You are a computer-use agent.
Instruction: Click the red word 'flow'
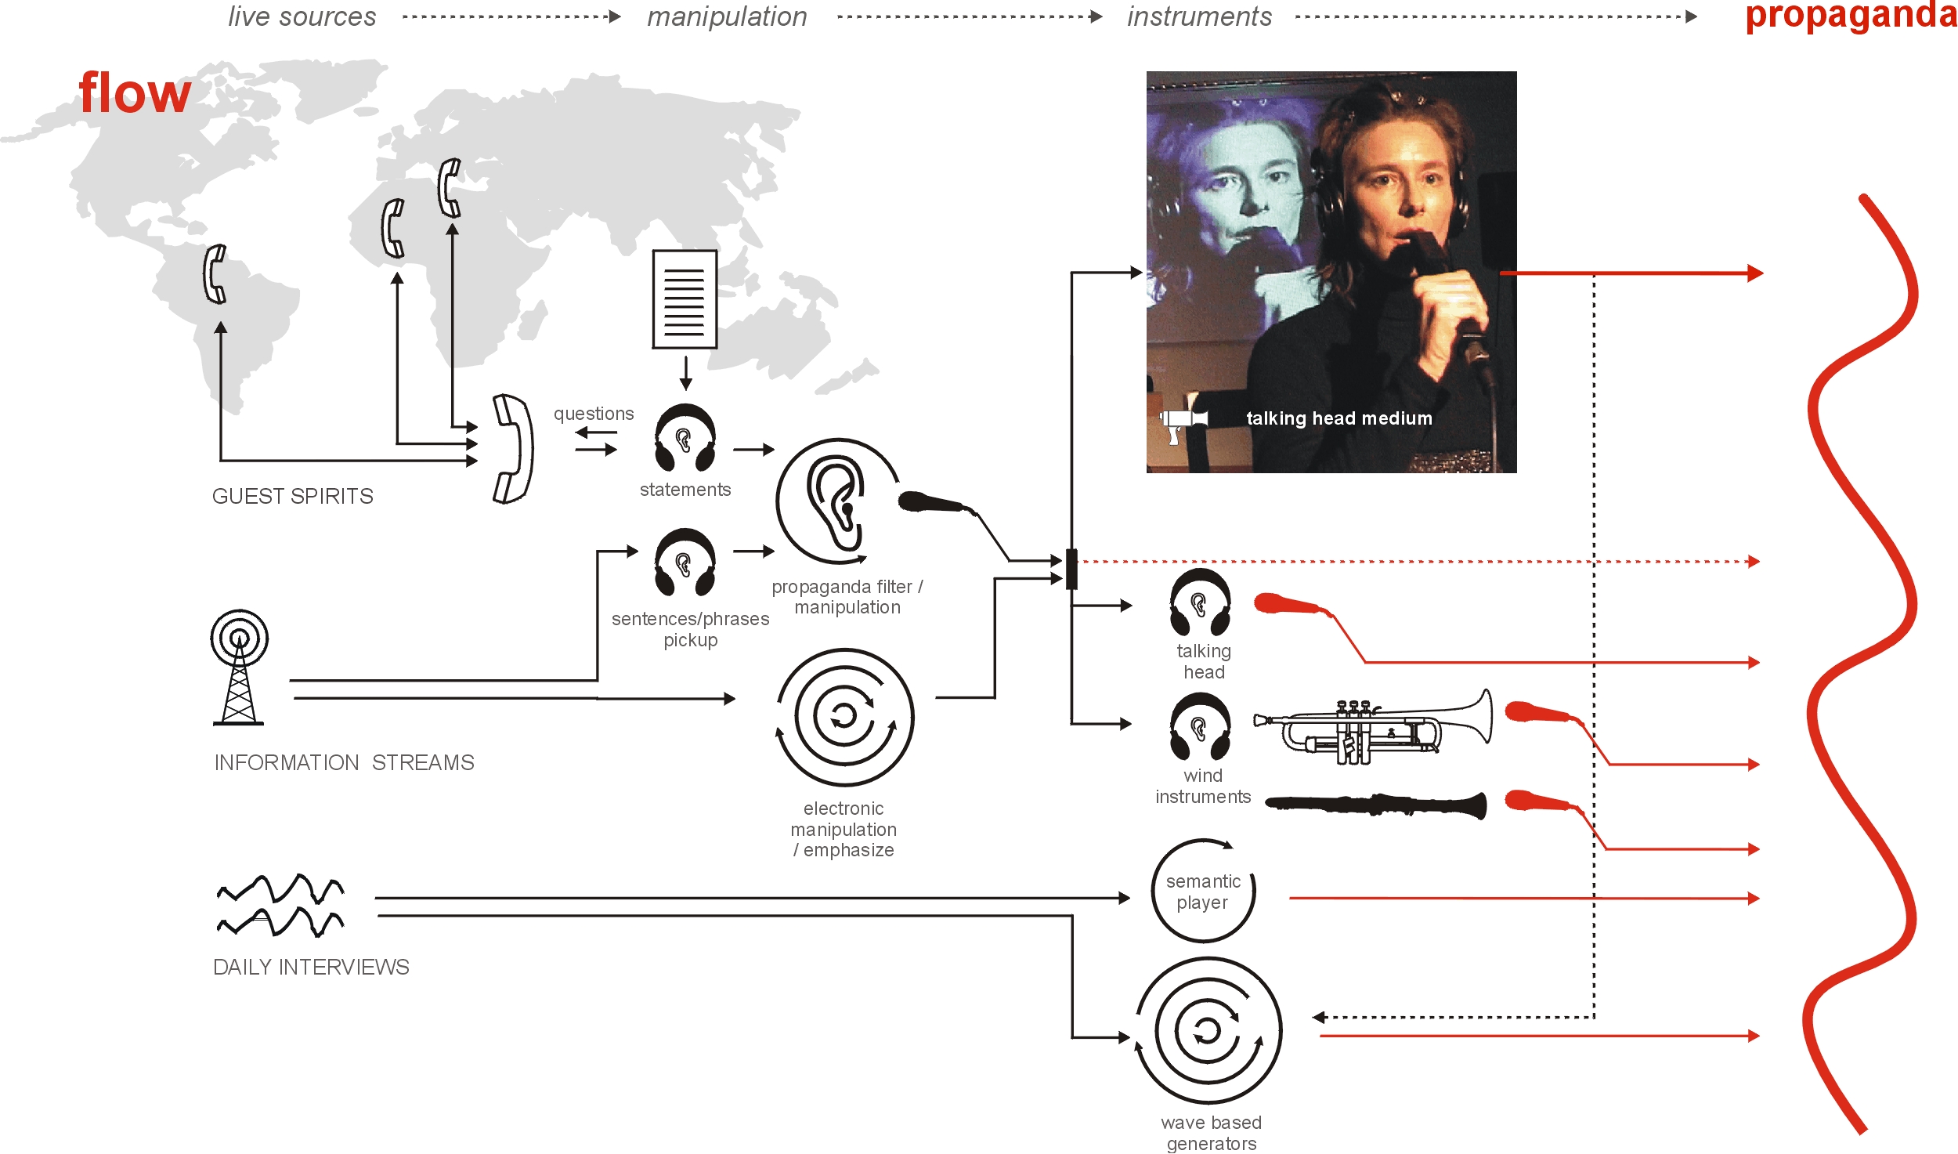coord(135,94)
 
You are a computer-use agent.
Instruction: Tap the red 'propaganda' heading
coord(1850,16)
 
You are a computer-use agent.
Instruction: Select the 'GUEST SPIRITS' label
coord(292,497)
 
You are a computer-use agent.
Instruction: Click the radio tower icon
coord(239,667)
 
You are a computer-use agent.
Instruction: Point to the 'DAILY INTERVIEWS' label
coord(311,968)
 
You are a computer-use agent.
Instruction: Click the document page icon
coord(685,299)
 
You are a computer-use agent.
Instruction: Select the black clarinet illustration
coord(1375,805)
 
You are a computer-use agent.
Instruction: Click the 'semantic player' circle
coord(1203,892)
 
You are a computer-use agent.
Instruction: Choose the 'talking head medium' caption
coord(1338,418)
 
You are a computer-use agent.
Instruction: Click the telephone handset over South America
coord(215,274)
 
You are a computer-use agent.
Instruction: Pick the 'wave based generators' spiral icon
coord(1208,1030)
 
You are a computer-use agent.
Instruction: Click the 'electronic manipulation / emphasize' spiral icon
coord(844,717)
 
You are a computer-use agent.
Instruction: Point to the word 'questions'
coord(594,414)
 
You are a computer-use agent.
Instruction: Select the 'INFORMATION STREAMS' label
coord(344,763)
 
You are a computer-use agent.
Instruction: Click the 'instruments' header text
coord(1199,17)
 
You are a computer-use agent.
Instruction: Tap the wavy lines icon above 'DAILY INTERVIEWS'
coord(280,905)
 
